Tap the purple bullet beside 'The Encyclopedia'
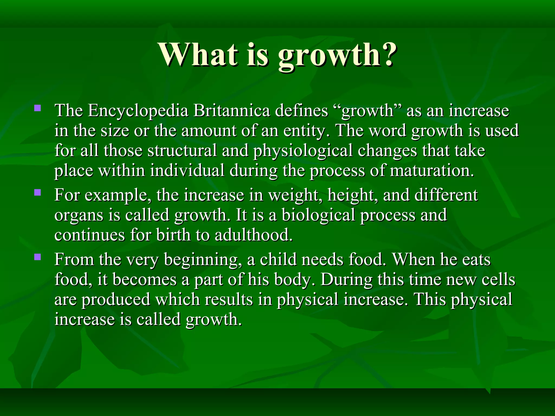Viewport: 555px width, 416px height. point(38,109)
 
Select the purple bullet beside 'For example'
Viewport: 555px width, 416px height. point(38,193)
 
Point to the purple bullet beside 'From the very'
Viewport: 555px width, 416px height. point(38,257)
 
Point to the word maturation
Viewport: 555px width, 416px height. point(432,171)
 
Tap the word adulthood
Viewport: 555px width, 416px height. point(254,235)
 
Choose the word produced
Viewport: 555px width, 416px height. point(116,300)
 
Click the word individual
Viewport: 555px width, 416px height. point(187,171)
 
